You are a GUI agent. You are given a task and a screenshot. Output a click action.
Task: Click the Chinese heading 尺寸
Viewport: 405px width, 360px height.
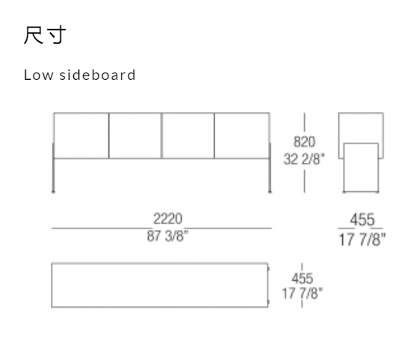[45, 35]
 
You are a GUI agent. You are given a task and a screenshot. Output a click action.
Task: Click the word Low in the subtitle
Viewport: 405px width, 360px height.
[39, 75]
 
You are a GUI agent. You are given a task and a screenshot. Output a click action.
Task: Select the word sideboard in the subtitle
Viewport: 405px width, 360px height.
[97, 75]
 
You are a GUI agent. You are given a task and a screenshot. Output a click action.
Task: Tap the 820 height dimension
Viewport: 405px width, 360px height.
[304, 142]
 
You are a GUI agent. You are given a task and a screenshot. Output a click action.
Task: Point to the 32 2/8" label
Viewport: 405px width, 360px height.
[304, 158]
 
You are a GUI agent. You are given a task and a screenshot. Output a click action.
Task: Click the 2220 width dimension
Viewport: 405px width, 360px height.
[168, 219]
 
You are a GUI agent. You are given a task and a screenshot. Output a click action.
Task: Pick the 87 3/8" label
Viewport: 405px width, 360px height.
[168, 236]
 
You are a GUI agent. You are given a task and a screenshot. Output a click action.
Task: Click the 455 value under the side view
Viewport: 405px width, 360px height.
[362, 220]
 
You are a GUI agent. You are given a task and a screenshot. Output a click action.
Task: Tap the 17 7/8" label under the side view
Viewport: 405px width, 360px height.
[362, 239]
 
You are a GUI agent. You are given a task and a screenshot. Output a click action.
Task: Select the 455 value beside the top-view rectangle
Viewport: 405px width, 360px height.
[302, 279]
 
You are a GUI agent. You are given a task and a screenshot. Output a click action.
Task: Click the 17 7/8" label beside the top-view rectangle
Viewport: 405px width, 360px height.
[302, 294]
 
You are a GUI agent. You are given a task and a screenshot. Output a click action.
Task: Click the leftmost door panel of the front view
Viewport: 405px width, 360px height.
[81, 136]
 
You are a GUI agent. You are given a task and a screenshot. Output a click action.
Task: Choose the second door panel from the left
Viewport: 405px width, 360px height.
[135, 136]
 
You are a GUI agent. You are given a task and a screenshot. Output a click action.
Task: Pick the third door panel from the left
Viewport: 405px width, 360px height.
[188, 136]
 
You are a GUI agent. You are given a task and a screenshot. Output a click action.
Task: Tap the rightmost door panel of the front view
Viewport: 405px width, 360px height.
[242, 136]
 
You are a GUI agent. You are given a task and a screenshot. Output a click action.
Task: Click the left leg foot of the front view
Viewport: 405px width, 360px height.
[53, 192]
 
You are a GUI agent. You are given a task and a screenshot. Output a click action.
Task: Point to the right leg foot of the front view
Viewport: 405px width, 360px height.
[270, 192]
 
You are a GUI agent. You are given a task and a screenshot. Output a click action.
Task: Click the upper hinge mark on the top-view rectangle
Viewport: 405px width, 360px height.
[268, 269]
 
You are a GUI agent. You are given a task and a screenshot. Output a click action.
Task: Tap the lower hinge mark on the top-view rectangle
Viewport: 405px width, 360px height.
[268, 302]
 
